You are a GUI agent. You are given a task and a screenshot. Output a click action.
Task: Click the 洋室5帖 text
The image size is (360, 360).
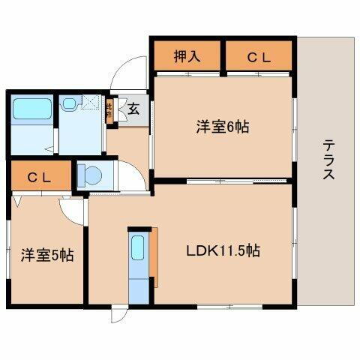46,255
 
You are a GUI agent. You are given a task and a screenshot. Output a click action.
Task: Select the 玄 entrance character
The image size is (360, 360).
133,110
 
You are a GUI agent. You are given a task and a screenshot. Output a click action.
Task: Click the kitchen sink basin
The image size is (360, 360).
137,247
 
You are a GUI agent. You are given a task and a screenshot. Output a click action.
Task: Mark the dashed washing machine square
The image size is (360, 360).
91,105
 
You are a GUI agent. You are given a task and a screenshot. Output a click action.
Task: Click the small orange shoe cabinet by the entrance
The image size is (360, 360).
109,109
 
